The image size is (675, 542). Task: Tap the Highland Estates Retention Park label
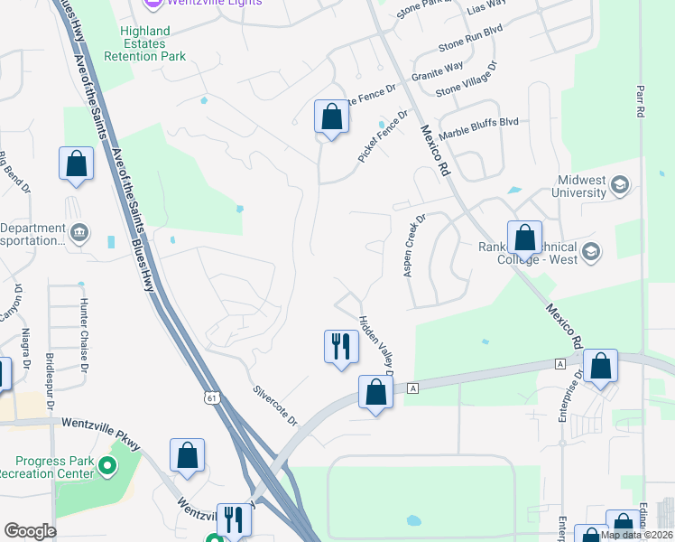[153, 43]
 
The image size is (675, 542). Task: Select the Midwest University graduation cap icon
[620, 186]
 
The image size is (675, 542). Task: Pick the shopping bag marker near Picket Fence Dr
[331, 117]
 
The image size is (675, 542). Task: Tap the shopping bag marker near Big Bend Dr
[77, 164]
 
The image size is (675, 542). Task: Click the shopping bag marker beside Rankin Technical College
[524, 238]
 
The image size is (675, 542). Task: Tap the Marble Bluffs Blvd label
[479, 121]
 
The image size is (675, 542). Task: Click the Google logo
[30, 531]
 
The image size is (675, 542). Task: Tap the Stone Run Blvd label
[469, 41]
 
